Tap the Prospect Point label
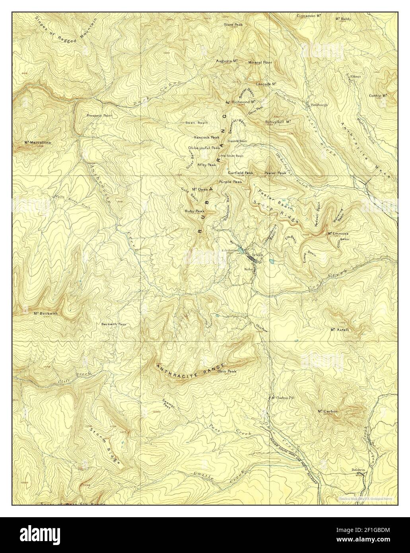pos(99,116)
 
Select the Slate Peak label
pos(233,24)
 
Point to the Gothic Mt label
pos(378,95)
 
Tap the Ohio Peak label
pos(227,372)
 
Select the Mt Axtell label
pos(339,330)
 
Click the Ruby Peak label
pos(194,211)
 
